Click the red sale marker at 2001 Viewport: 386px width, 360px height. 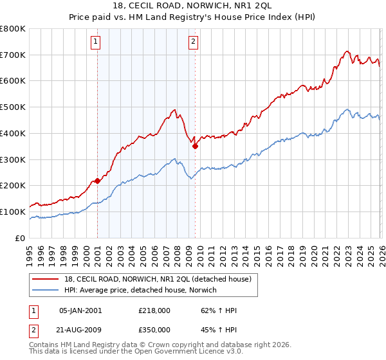click(97, 181)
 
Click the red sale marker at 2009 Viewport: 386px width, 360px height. click(195, 146)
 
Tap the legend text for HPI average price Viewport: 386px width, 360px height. click(140, 290)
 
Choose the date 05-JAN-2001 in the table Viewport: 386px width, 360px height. click(80, 310)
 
